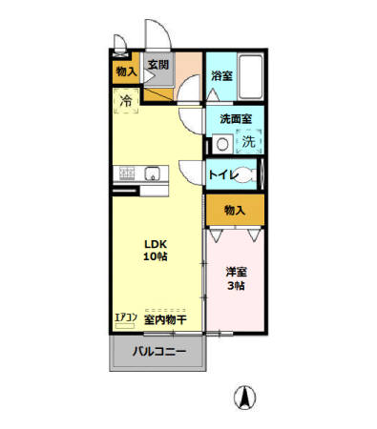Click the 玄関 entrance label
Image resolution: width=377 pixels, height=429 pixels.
(157, 65)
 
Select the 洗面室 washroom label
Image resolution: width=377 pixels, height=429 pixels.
(235, 120)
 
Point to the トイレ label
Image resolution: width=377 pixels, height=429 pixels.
(220, 174)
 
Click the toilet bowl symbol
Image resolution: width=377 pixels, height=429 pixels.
(245, 174)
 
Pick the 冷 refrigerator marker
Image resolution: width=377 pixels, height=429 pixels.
(125, 99)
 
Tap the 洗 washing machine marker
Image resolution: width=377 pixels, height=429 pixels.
(247, 142)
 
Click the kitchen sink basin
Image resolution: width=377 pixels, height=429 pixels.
(151, 174)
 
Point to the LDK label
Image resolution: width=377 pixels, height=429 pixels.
(156, 242)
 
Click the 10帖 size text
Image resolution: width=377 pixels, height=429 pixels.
(156, 257)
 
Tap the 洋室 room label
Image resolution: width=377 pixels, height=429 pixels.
(235, 271)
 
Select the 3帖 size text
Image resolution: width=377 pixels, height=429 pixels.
(235, 286)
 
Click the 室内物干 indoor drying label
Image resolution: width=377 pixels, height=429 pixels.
(165, 320)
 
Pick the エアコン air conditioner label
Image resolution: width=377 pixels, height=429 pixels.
(127, 319)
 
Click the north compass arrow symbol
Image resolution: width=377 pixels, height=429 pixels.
(244, 395)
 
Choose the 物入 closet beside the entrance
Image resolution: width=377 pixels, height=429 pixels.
(125, 71)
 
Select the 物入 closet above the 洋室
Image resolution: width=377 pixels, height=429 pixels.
(235, 210)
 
